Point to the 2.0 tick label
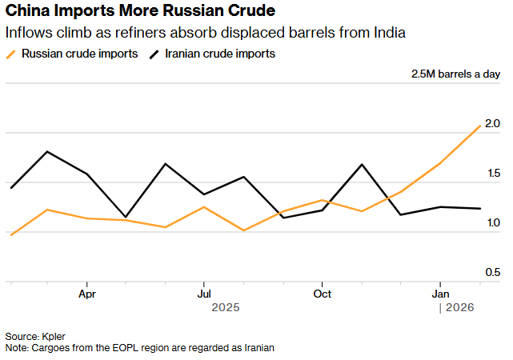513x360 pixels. point(491,124)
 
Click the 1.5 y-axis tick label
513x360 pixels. point(491,174)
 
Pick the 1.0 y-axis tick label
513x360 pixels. point(491,223)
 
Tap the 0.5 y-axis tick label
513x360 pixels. point(491,273)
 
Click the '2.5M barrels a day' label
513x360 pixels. point(455,74)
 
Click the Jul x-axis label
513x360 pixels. point(204,294)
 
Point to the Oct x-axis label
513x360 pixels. point(322,294)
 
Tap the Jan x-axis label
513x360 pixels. point(439,294)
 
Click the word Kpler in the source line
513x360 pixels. point(55,336)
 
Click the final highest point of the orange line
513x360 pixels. point(480,126)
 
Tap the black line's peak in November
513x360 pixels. point(362,164)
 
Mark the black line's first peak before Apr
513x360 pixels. point(47,151)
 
